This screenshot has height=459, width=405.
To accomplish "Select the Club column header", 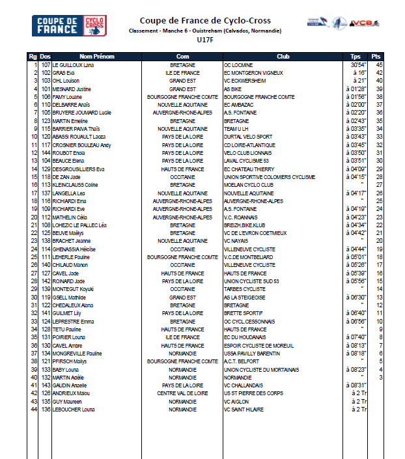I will [x=283, y=57].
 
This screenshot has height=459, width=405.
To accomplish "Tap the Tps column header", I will [x=356, y=57].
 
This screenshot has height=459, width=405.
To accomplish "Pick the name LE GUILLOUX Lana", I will [x=74, y=65].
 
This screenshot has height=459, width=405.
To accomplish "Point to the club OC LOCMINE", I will [x=239, y=65].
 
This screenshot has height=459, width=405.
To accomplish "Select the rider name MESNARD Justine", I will [x=71, y=89].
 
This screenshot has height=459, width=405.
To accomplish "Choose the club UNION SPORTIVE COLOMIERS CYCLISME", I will [x=270, y=177].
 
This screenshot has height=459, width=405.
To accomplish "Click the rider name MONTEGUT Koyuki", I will [x=74, y=288].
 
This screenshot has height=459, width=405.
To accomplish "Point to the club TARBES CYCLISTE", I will [x=245, y=288].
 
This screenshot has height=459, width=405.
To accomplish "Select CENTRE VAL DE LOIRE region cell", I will [x=183, y=393].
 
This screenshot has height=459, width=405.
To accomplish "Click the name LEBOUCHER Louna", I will [x=74, y=409].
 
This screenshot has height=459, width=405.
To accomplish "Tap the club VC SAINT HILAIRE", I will [x=244, y=409].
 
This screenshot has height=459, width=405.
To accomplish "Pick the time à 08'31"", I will [x=356, y=385].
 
